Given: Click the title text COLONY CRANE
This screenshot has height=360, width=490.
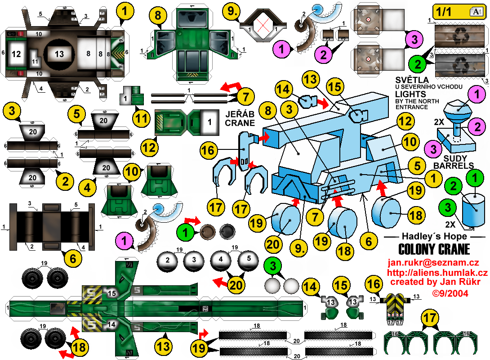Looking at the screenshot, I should click(x=434, y=249).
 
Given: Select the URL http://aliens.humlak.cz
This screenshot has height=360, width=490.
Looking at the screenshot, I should click(x=437, y=273).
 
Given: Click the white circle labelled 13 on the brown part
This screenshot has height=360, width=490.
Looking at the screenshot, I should click(x=59, y=54).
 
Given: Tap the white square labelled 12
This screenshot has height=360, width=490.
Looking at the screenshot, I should click(x=17, y=54).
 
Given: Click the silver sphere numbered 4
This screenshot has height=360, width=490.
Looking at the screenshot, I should click(x=221, y=260).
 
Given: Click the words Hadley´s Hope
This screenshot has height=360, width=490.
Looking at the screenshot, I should click(x=434, y=236).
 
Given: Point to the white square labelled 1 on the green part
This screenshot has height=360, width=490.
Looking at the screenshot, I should click(x=208, y=121).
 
